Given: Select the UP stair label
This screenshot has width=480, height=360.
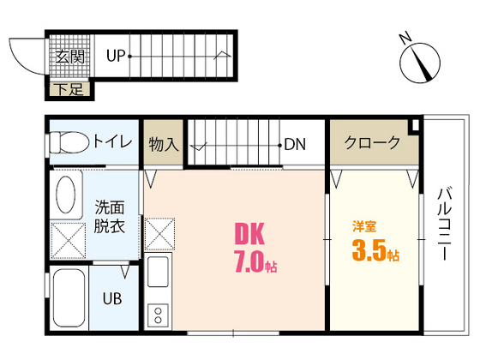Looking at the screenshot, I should tap(116, 57).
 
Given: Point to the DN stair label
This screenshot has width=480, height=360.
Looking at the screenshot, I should tap(296, 144).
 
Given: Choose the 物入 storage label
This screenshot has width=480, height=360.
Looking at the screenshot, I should tap(163, 144).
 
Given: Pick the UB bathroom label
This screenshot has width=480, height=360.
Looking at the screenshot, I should tap(112, 299).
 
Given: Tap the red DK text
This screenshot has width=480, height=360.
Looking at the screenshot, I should tap(249, 234).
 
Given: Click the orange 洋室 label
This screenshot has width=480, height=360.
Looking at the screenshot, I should tap(365, 228).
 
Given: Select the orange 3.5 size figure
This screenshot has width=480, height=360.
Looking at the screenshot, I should tap(369, 253).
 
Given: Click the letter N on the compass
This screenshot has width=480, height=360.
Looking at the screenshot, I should tap(407, 37).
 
